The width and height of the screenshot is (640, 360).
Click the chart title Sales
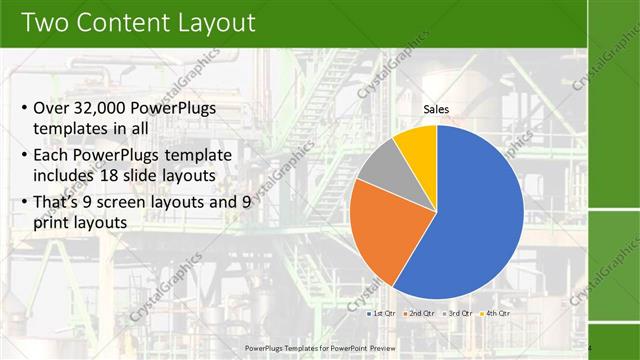(x=436, y=109)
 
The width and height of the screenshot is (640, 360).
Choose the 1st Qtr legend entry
(x=381, y=313)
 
